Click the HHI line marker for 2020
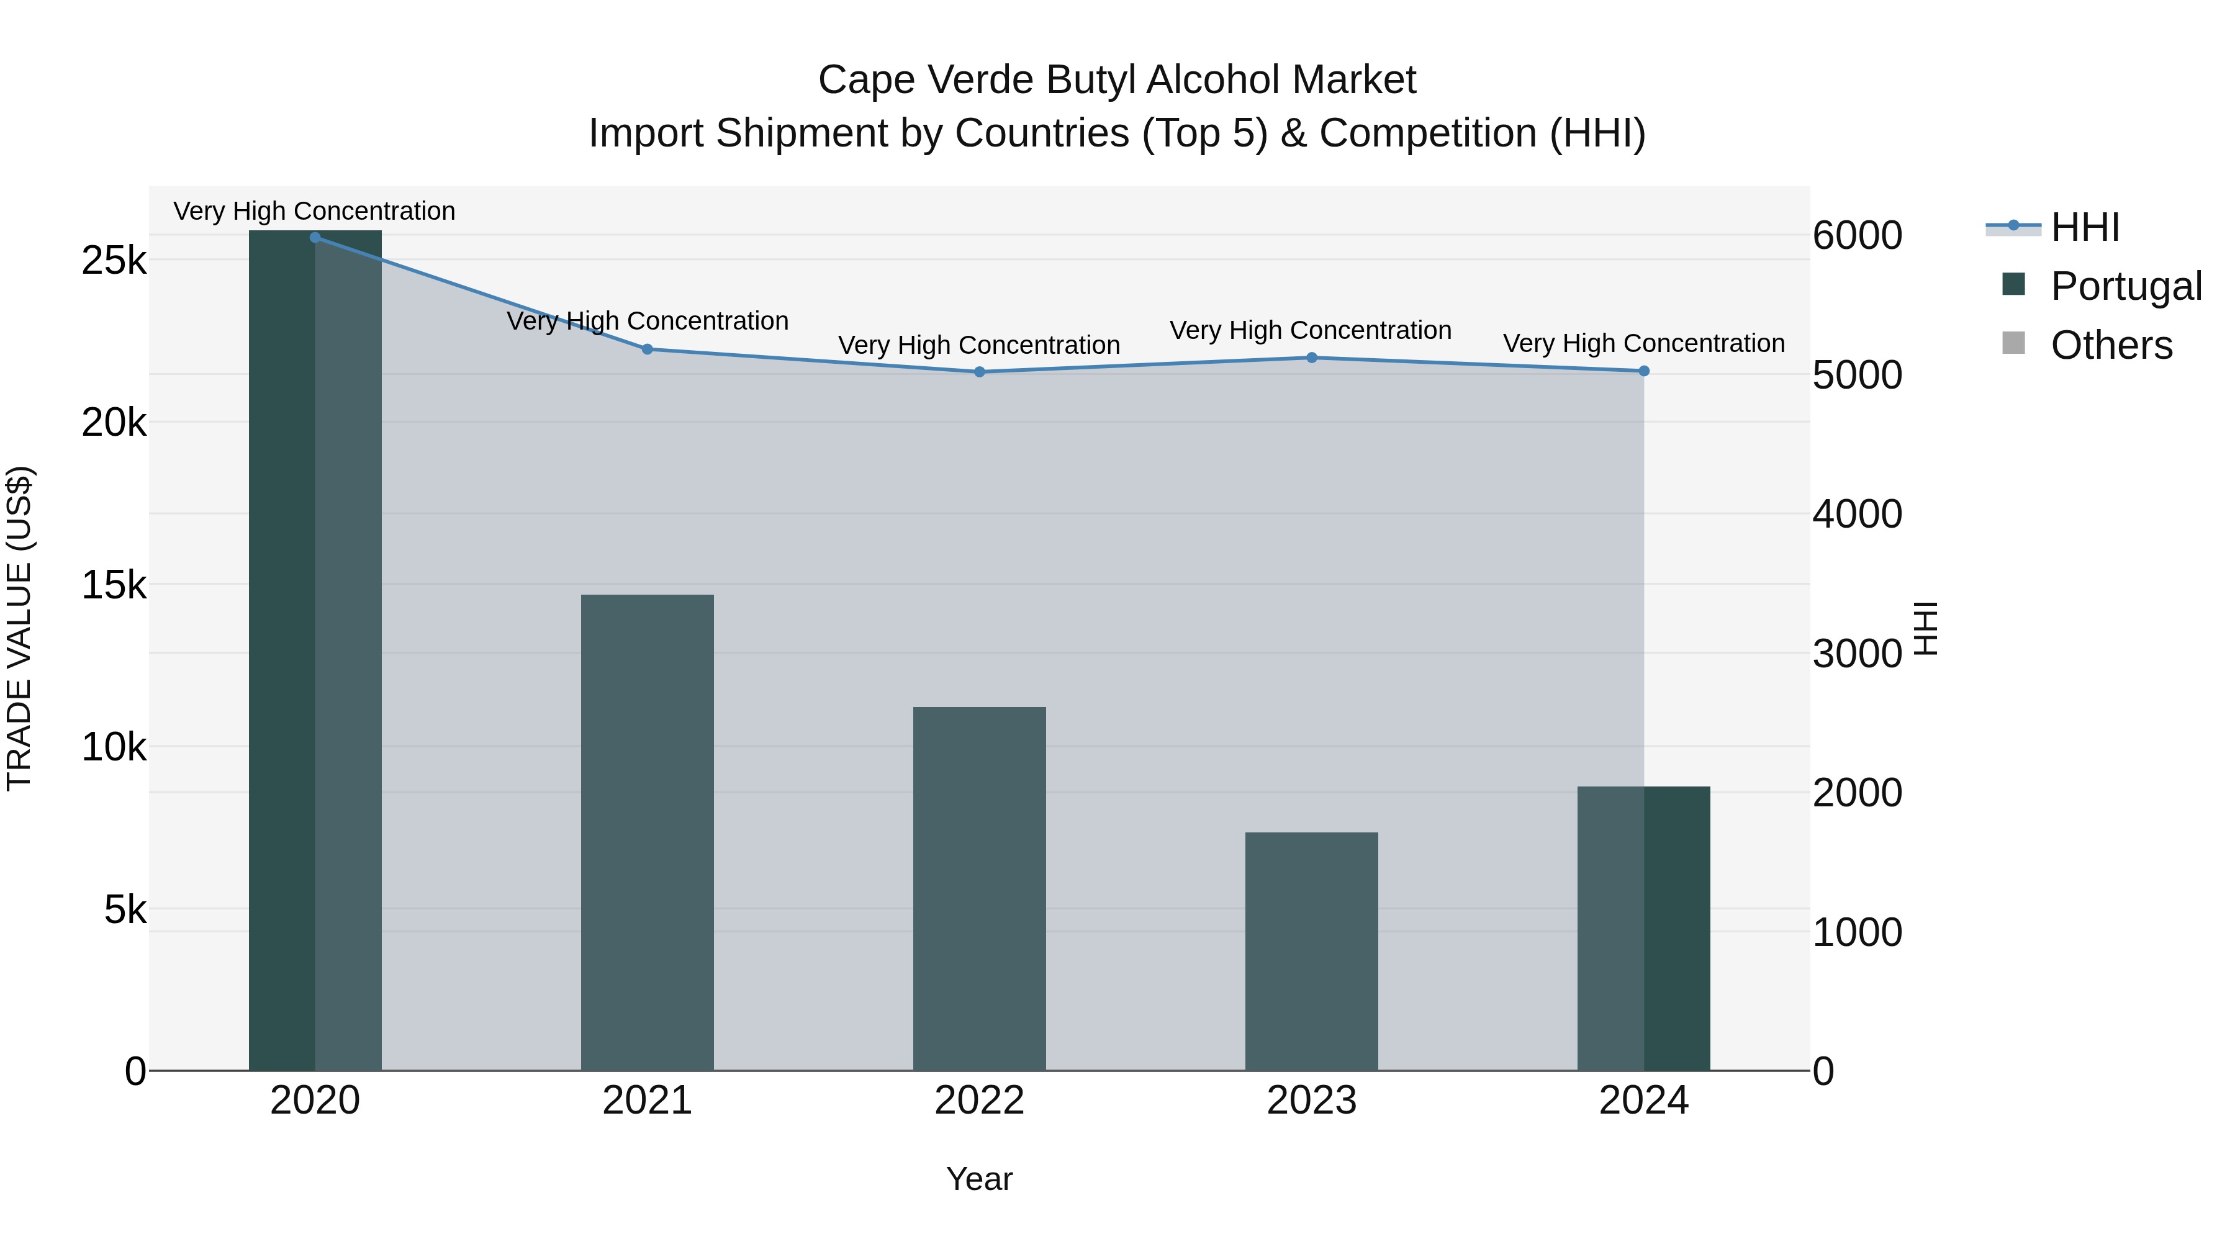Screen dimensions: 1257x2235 pyautogui.click(x=315, y=238)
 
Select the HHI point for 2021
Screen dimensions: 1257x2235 pyautogui.click(x=648, y=349)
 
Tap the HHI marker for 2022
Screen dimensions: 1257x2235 pyautogui.click(x=980, y=372)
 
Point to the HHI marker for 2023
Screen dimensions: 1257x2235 pyautogui.click(x=1312, y=358)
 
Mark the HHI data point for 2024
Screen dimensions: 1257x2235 pyautogui.click(x=1644, y=371)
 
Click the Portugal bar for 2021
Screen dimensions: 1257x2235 pyautogui.click(x=648, y=833)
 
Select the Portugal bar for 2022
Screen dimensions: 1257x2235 pyautogui.click(x=980, y=889)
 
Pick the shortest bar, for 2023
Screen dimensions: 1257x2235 pyautogui.click(x=1312, y=952)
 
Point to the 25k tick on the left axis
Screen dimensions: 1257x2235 pyautogui.click(x=114, y=260)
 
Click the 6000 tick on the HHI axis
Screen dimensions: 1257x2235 pyautogui.click(x=1858, y=235)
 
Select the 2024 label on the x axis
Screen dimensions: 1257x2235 pyautogui.click(x=1644, y=1101)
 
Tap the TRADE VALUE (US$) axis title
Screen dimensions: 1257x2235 pyautogui.click(x=19, y=629)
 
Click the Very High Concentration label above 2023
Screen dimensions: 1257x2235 pyautogui.click(x=1310, y=330)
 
